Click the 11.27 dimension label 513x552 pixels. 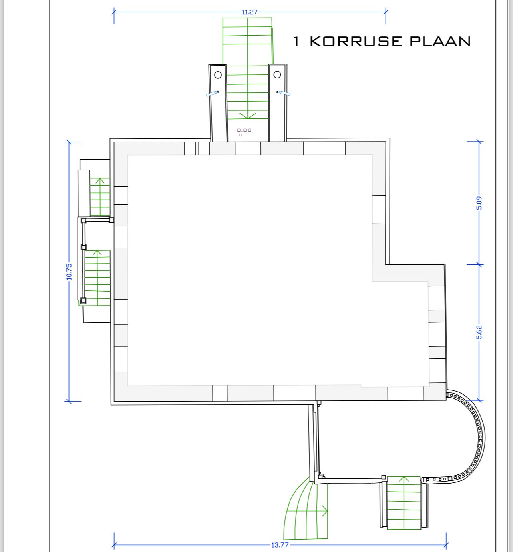click(250, 12)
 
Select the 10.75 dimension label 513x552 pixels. click(69, 272)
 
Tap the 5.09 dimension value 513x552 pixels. click(479, 203)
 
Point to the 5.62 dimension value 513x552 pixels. click(479, 332)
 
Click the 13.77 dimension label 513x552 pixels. click(280, 545)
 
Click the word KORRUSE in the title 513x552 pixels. click(356, 42)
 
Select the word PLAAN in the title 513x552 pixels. click(440, 42)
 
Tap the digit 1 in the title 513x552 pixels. click(296, 42)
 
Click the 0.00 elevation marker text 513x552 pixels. click(244, 130)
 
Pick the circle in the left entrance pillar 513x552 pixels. click(218, 75)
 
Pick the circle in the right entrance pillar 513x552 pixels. click(277, 74)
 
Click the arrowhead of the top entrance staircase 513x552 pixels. click(247, 116)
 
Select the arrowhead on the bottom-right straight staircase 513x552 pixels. click(404, 479)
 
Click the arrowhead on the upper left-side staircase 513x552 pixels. click(100, 181)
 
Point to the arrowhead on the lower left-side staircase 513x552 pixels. click(97, 253)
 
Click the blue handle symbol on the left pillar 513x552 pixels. click(212, 94)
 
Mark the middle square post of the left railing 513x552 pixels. click(84, 247)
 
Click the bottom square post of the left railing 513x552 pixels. click(83, 300)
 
